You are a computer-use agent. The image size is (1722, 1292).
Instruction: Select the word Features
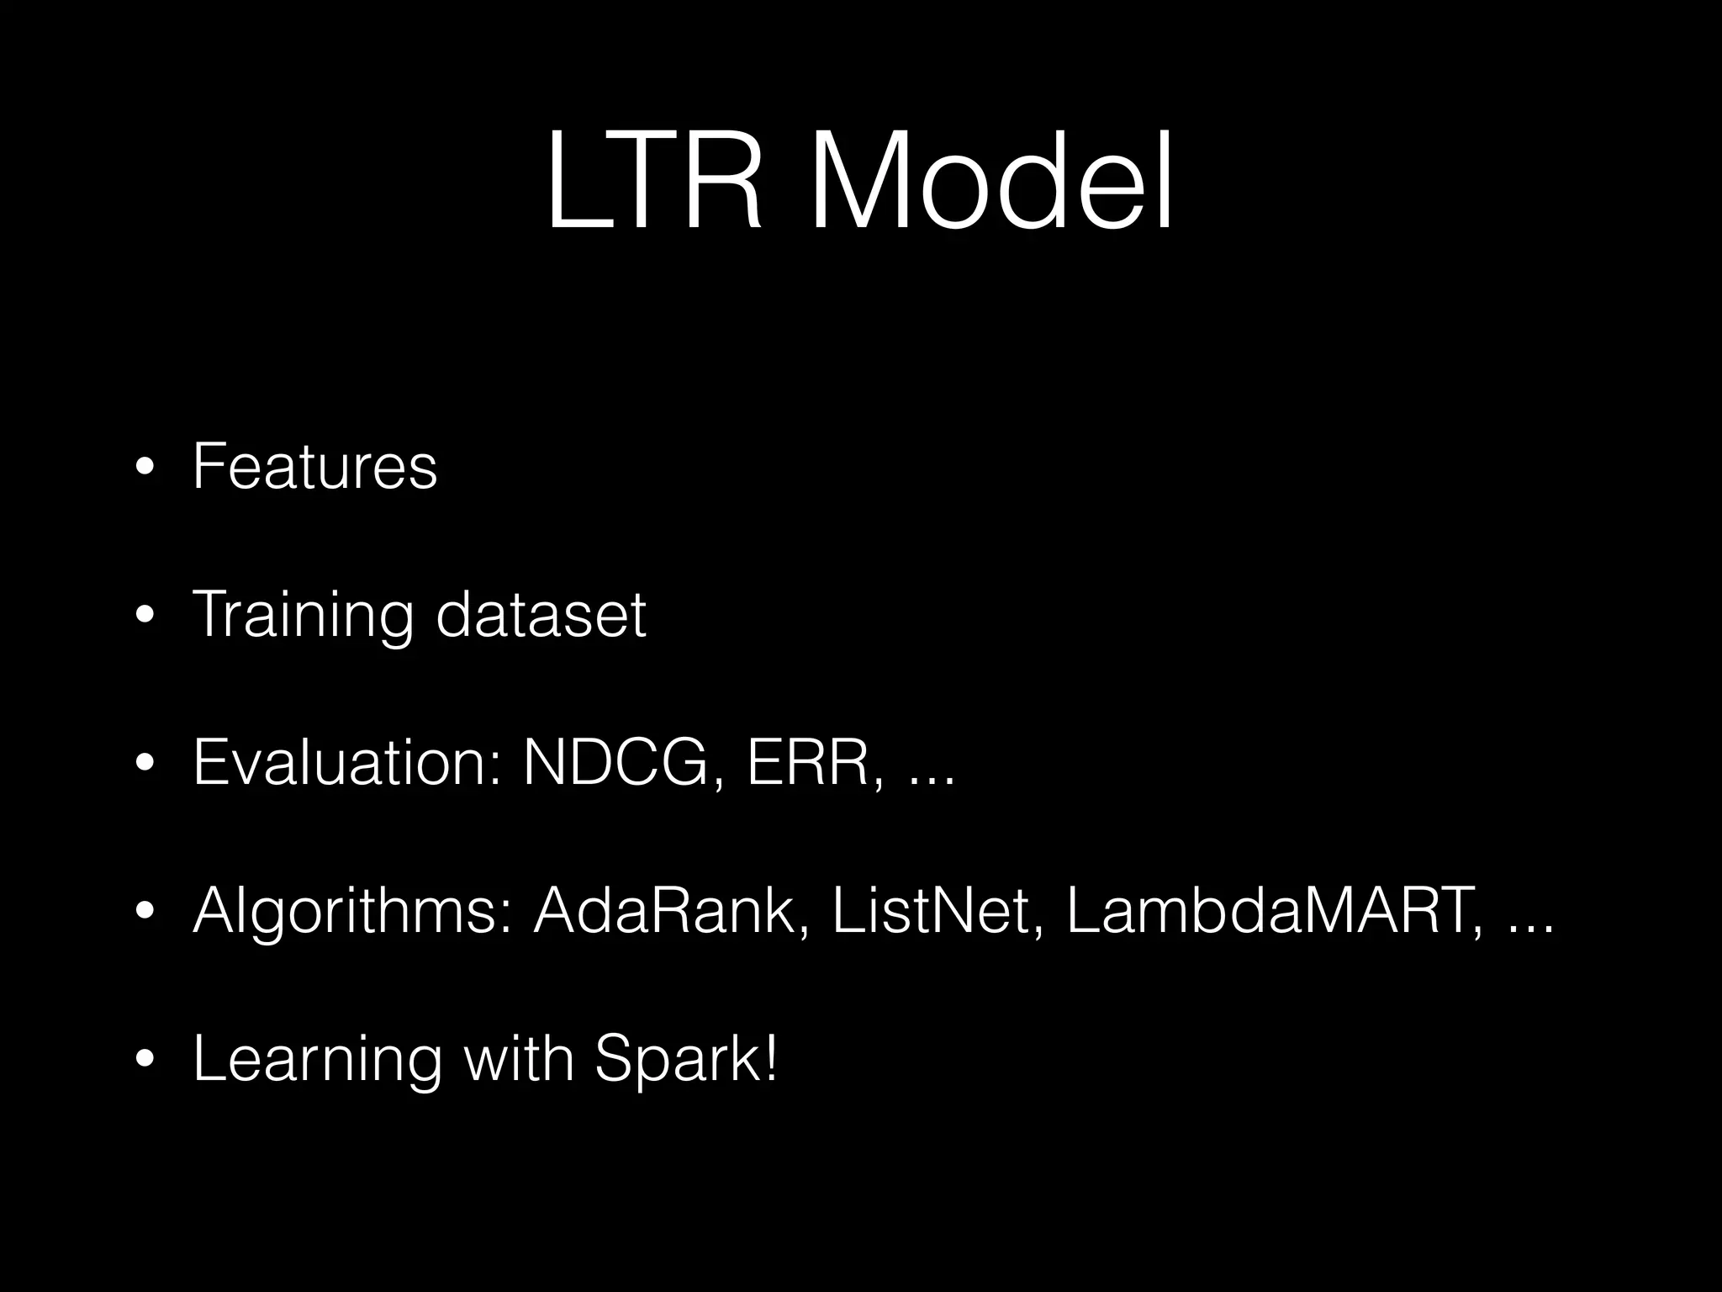point(314,466)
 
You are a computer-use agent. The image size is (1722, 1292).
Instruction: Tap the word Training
point(303,616)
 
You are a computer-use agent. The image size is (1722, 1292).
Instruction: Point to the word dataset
point(541,614)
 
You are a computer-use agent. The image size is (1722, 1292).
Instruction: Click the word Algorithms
point(353,912)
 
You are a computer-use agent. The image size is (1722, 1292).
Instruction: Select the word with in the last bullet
point(519,1057)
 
